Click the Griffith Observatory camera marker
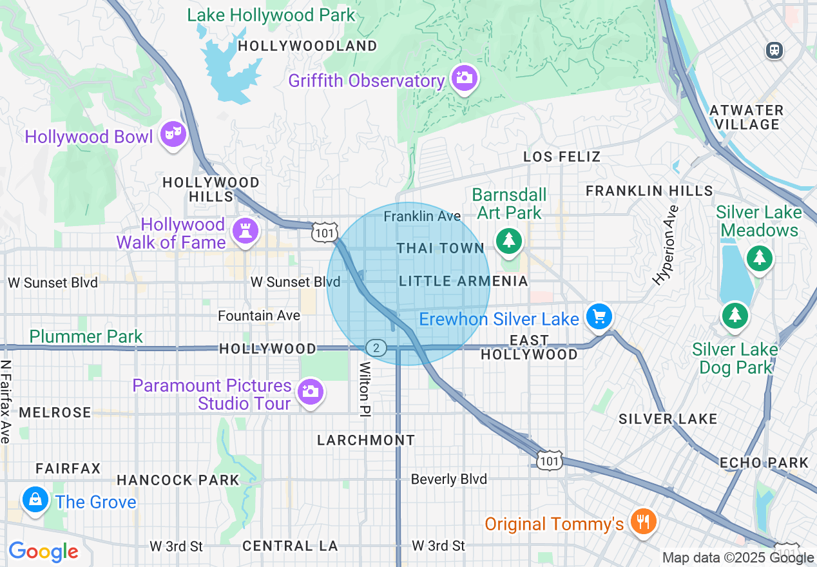pyautogui.click(x=464, y=79)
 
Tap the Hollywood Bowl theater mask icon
pyautogui.click(x=173, y=134)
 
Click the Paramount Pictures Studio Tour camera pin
pyautogui.click(x=311, y=392)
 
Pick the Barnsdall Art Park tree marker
pyautogui.click(x=509, y=241)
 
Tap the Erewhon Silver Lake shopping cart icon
pyautogui.click(x=599, y=317)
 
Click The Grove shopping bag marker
pyautogui.click(x=35, y=499)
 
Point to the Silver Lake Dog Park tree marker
pyautogui.click(x=734, y=315)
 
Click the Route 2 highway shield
pyautogui.click(x=376, y=349)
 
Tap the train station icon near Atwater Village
pyautogui.click(x=774, y=50)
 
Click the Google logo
pyautogui.click(x=43, y=552)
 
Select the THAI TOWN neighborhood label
pyautogui.click(x=440, y=249)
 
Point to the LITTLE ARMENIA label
pyautogui.click(x=463, y=282)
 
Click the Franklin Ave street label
pyautogui.click(x=422, y=216)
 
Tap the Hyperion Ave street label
pyautogui.click(x=666, y=245)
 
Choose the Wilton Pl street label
pyautogui.click(x=365, y=389)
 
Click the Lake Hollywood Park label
pyautogui.click(x=271, y=15)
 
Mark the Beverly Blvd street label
pyautogui.click(x=448, y=479)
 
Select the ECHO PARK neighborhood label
pyautogui.click(x=764, y=463)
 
